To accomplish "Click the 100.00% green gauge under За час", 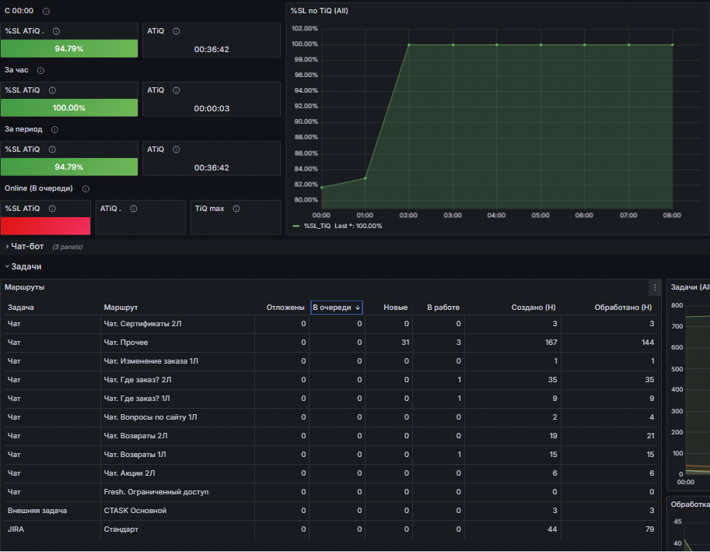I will pos(69,107).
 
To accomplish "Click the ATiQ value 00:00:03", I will pos(212,108).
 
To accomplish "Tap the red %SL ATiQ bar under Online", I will pos(45,226).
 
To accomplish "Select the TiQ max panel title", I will pos(209,209).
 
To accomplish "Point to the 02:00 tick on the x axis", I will pos(409,215).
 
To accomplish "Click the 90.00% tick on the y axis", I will pos(304,121).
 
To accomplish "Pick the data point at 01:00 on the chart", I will pos(365,178).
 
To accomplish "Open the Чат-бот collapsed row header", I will pos(27,246).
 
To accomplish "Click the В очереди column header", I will pos(336,308).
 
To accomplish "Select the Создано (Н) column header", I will pos(533,308).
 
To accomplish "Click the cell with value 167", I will pos(550,343).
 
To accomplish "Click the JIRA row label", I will pos(16,529).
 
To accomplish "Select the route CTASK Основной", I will pos(135,511).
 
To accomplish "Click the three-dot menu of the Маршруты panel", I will pos(655,287).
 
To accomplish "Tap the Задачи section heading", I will pos(26,266).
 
